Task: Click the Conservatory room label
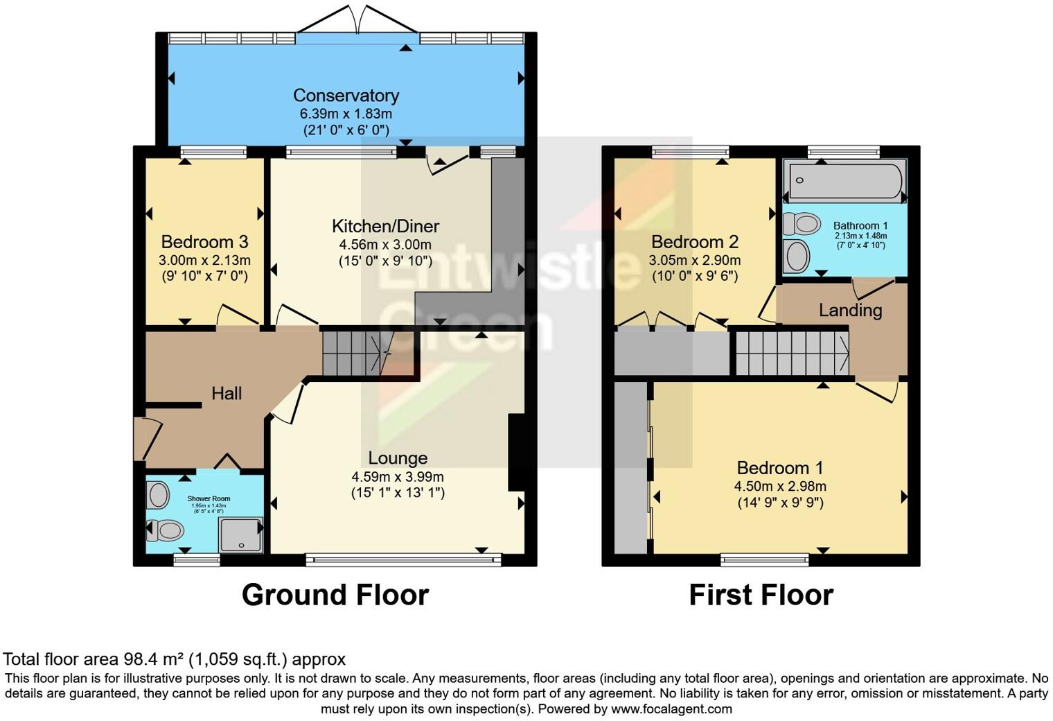346,95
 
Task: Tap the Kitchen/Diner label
385,226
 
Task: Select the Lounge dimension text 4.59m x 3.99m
397,477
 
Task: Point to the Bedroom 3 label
204,242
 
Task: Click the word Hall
227,394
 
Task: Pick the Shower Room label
209,498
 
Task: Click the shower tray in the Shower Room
240,535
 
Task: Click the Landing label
850,310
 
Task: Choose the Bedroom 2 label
695,242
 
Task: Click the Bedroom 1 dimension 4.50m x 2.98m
780,486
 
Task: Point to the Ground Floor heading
335,595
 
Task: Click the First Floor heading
761,595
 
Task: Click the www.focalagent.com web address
671,709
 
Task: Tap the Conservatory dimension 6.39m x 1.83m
346,114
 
